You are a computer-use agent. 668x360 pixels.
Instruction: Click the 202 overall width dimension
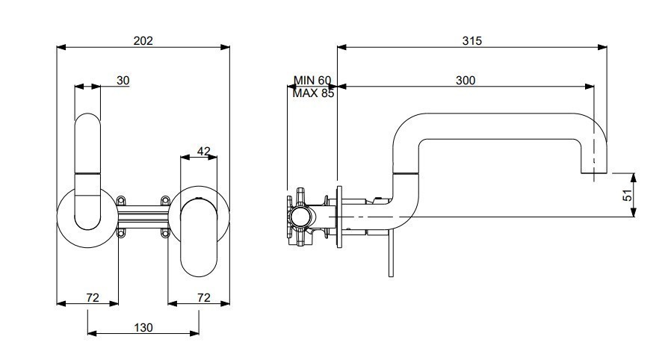[x=143, y=41]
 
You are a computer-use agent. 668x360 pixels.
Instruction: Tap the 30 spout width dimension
[x=123, y=81]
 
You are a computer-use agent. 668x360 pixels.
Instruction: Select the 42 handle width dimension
[x=204, y=151]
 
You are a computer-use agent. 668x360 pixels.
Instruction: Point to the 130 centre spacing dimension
[x=143, y=328]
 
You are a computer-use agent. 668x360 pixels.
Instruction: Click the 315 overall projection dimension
[x=472, y=41]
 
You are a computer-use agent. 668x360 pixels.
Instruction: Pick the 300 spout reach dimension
[x=466, y=81]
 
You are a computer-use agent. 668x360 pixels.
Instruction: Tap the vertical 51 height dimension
[x=628, y=196]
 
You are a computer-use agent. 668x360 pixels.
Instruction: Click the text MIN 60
[x=312, y=80]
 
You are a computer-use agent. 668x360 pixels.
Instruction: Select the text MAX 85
[x=313, y=93]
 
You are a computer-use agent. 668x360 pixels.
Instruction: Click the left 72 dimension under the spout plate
[x=93, y=297]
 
